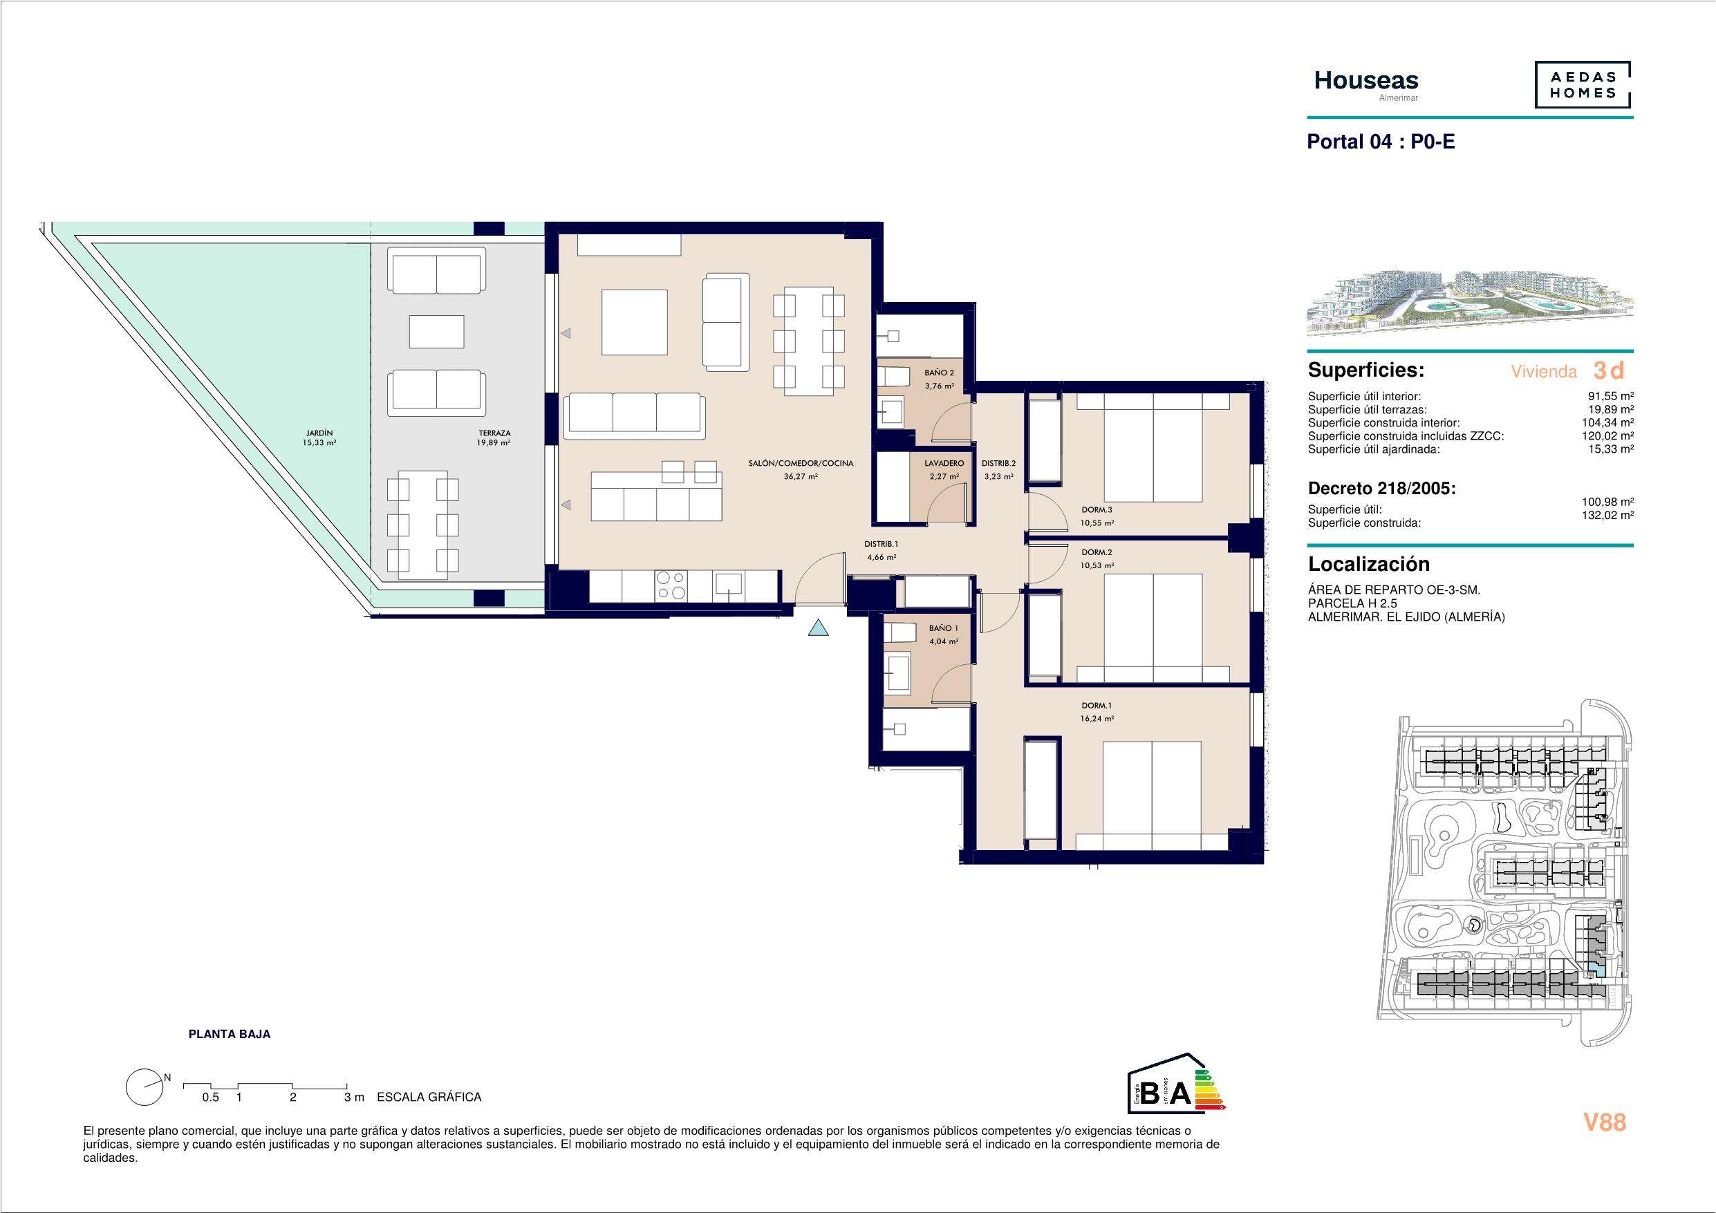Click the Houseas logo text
coord(1366,81)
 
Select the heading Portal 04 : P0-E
coord(1381,142)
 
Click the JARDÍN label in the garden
coord(319,433)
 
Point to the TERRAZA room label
coord(495,433)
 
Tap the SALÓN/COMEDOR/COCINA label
coord(801,463)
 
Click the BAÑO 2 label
coord(939,373)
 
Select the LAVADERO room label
coord(944,463)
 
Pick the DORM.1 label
coord(1097,706)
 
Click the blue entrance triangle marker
coord(819,628)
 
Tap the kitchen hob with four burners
coord(671,585)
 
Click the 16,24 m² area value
coord(1097,718)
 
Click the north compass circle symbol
coord(145,1087)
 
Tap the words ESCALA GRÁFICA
coord(429,1097)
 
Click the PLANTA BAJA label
coord(230,1035)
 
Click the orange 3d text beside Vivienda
coord(1608,370)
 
